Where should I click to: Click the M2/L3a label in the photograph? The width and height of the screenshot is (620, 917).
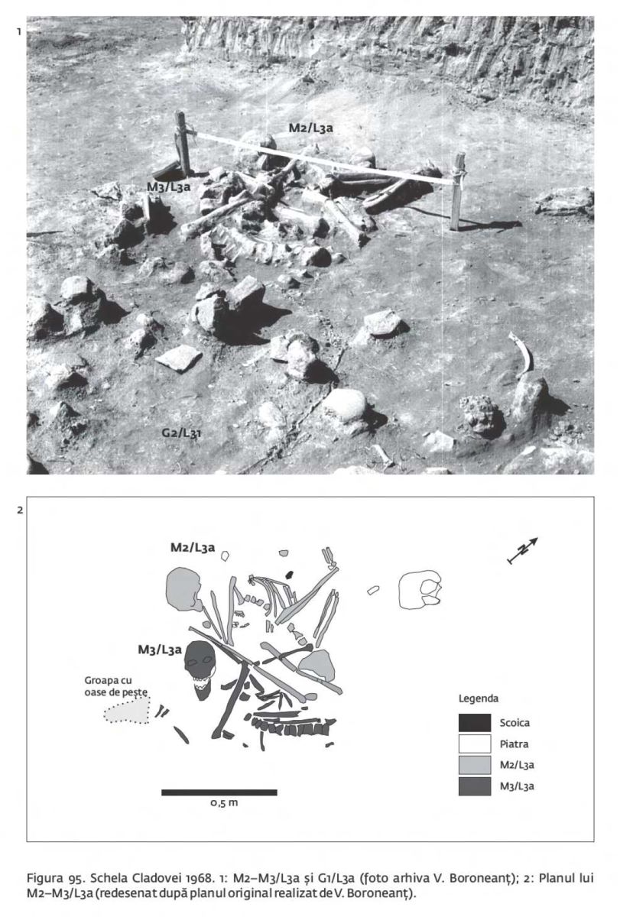pyautogui.click(x=311, y=128)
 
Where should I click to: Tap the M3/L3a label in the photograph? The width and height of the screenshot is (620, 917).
pyautogui.click(x=168, y=187)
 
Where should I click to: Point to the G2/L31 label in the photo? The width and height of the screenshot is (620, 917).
pyautogui.click(x=181, y=433)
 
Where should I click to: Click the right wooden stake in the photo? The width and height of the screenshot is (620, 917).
pyautogui.click(x=457, y=191)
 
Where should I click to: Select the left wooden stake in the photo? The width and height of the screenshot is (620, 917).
pyautogui.click(x=183, y=144)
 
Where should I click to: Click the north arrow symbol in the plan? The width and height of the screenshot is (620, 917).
pyautogui.click(x=522, y=550)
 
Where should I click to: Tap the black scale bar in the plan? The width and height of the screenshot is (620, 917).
pyautogui.click(x=219, y=792)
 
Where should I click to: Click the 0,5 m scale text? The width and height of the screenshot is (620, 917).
pyautogui.click(x=224, y=803)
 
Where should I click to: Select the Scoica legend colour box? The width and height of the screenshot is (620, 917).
pyautogui.click(x=474, y=723)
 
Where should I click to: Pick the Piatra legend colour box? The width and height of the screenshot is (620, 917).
pyautogui.click(x=474, y=744)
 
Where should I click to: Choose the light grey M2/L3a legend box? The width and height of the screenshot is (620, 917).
pyautogui.click(x=474, y=765)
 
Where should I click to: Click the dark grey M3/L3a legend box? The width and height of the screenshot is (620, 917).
pyautogui.click(x=474, y=786)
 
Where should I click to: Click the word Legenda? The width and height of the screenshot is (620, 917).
pyautogui.click(x=479, y=698)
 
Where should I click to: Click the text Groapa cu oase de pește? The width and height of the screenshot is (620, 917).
pyautogui.click(x=116, y=686)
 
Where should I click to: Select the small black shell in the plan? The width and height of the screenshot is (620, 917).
pyautogui.click(x=290, y=575)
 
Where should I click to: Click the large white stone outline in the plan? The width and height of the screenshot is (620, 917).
pyautogui.click(x=420, y=589)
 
